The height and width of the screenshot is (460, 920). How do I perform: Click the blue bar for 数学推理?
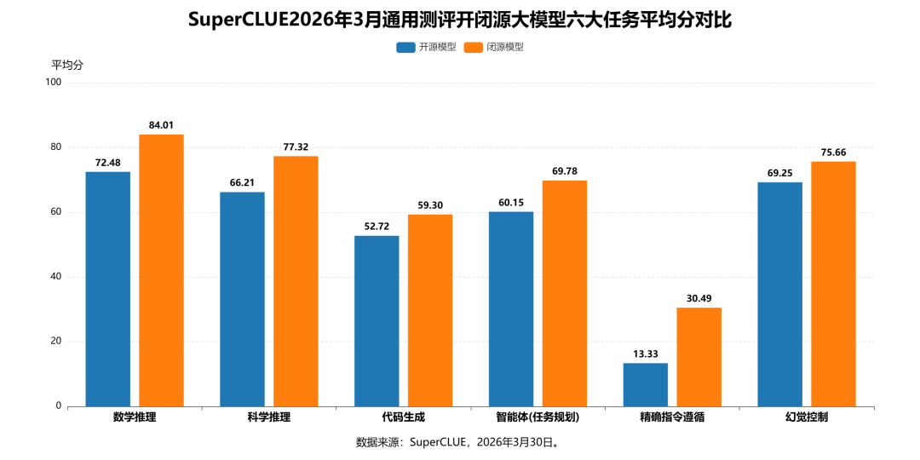[108, 289]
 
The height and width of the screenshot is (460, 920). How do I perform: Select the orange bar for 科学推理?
[296, 281]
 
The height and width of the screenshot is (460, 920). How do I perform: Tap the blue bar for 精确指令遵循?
[646, 384]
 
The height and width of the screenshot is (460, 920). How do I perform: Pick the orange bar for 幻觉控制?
[833, 284]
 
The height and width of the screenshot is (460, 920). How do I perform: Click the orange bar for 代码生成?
[430, 310]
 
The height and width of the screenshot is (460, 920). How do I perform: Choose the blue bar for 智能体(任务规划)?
[511, 308]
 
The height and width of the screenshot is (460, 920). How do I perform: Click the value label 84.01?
[161, 125]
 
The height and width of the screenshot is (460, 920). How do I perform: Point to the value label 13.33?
[646, 354]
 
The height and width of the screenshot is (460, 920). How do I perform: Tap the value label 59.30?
[430, 205]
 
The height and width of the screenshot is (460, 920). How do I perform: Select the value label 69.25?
[779, 173]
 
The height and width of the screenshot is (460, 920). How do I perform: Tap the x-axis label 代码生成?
[404, 417]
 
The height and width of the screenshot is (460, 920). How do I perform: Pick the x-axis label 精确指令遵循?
[672, 417]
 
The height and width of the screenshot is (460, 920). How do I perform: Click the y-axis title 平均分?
[67, 65]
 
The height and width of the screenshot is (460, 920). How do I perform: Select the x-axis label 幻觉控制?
[807, 417]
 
